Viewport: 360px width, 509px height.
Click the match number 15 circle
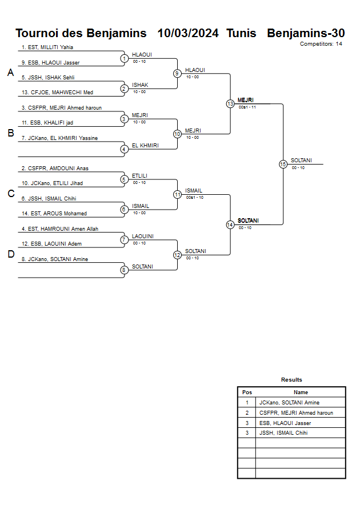point(283,164)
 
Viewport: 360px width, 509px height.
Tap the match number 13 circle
point(230,104)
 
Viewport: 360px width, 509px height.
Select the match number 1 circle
point(124,58)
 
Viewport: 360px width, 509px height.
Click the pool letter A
point(10,73)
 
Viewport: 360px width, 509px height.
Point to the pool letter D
point(10,255)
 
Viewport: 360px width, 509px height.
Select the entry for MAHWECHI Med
point(57,92)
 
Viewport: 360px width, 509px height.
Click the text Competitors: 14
point(321,44)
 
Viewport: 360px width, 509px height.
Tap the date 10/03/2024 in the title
point(188,33)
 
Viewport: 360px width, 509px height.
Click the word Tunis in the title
point(241,33)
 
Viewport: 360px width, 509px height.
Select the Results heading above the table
point(291,380)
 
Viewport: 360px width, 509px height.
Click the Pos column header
point(247,392)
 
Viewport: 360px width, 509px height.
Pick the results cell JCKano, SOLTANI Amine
point(289,403)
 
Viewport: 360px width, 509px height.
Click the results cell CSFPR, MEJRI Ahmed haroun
point(295,412)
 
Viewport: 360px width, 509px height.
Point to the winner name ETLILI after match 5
point(140,176)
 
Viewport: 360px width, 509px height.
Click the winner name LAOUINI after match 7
point(142,237)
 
